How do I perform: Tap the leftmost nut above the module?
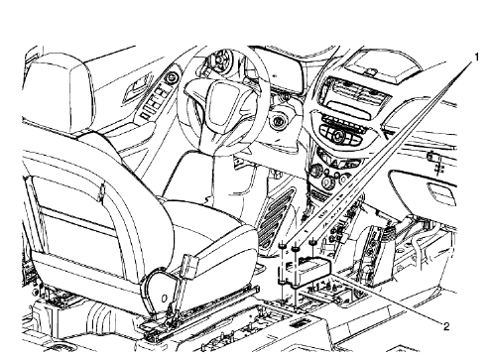285,247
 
